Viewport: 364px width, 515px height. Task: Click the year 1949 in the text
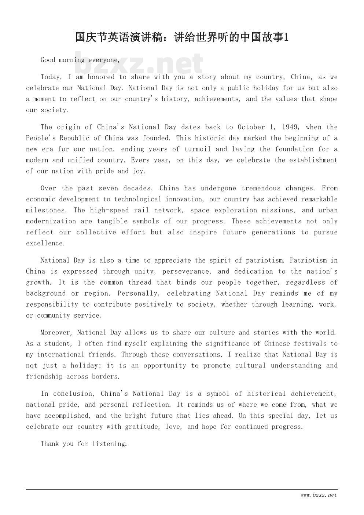tap(290, 127)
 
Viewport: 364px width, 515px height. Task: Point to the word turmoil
tap(198, 149)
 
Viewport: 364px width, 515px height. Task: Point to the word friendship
tap(44, 377)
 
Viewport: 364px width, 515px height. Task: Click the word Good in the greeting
tap(48, 60)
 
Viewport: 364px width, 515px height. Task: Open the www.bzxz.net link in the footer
tap(318, 495)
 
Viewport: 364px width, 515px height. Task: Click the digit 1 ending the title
tap(287, 37)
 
